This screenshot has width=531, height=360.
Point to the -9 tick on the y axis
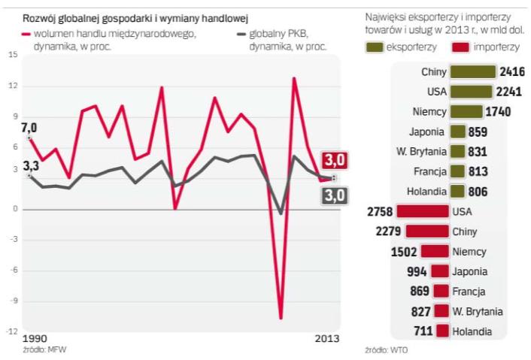13,300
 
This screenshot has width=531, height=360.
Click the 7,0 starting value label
29,127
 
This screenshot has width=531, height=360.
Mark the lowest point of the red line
281,318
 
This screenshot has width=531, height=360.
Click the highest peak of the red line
294,78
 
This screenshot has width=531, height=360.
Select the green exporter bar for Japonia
457,132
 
